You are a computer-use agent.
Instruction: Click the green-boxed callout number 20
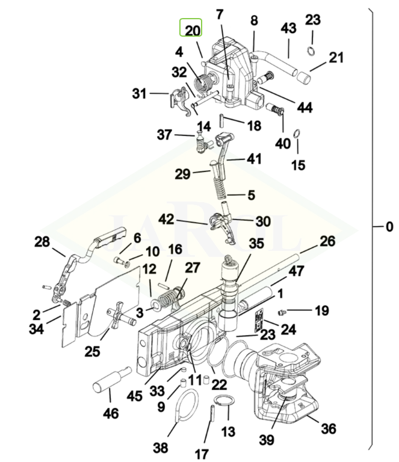point(193,31)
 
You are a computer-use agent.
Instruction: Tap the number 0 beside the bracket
point(389,227)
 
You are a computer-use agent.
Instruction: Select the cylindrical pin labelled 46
point(112,378)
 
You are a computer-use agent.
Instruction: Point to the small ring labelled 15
point(297,134)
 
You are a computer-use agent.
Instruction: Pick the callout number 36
point(328,429)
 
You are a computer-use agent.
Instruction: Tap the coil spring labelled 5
point(220,188)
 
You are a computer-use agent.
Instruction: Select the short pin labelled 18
point(222,120)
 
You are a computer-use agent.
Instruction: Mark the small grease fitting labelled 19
point(281,312)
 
